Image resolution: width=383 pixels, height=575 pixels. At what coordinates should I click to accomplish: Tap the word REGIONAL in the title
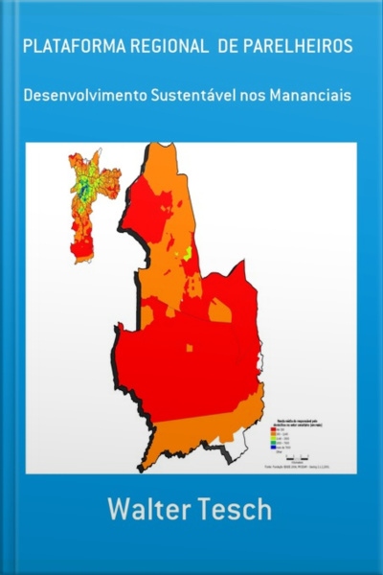point(161,47)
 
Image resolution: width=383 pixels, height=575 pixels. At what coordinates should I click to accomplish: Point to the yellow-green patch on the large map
point(188,253)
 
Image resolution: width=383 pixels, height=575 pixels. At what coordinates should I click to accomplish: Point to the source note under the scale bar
point(297,466)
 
